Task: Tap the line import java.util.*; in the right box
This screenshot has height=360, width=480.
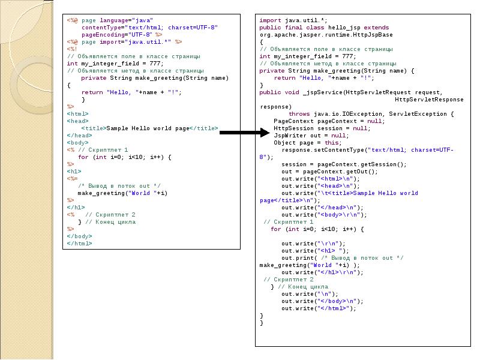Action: [x=284, y=20]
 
